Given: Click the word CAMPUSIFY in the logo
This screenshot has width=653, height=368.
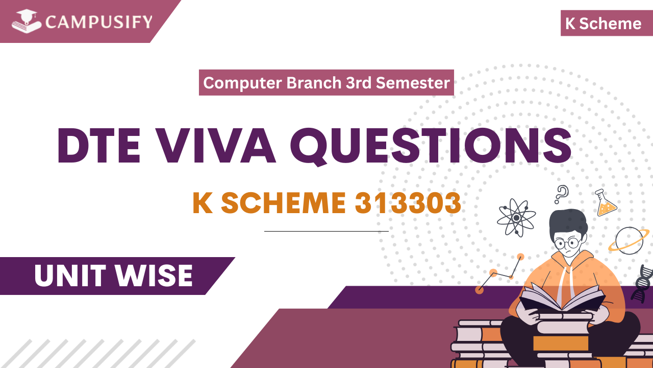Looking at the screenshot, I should click(x=98, y=22).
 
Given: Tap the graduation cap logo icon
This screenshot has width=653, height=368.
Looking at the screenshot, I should click(x=27, y=22).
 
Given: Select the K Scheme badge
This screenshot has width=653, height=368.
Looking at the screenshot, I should click(x=603, y=24).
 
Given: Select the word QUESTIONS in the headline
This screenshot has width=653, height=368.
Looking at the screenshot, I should click(x=434, y=145).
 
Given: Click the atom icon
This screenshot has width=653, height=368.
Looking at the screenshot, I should click(x=516, y=217).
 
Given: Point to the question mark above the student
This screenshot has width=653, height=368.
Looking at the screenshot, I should click(x=561, y=194).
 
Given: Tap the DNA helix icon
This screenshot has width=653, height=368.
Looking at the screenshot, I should click(x=642, y=284).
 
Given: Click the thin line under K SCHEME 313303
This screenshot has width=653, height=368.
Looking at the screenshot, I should click(x=326, y=231).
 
